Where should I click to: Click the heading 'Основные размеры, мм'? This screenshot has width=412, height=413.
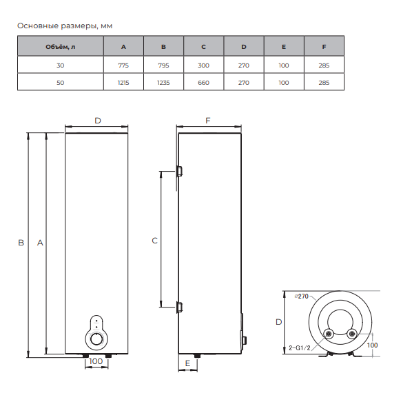click(x=64, y=26)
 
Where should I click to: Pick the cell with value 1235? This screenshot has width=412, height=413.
click(x=163, y=82)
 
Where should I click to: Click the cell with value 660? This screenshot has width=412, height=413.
click(x=203, y=82)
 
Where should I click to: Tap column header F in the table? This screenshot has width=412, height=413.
click(x=324, y=47)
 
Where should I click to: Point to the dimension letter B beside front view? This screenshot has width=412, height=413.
click(x=21, y=243)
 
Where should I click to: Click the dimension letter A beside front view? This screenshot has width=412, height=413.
click(x=40, y=243)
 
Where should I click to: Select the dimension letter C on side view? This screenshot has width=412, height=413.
click(x=154, y=240)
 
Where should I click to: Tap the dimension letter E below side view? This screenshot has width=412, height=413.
click(x=187, y=362)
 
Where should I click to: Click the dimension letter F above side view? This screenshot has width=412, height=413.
click(x=208, y=120)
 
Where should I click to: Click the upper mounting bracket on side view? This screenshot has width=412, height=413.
click(x=179, y=170)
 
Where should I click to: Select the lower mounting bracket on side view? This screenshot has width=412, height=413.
click(x=179, y=307)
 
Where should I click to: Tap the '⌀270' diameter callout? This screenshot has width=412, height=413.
click(x=300, y=296)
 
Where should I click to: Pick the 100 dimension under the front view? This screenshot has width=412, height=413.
click(x=96, y=361)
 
